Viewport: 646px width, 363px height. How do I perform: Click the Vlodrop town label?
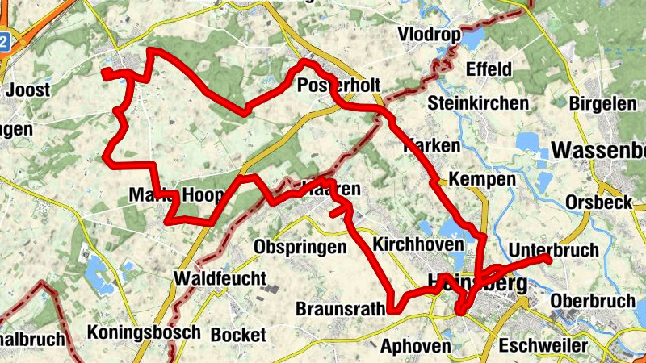[428, 35]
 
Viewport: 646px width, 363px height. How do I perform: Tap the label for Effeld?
[489, 69]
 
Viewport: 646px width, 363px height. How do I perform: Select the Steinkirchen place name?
[478, 103]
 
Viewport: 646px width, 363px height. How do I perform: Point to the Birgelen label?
[598, 103]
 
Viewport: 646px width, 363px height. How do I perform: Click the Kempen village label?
[481, 179]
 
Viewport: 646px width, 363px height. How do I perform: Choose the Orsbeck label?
[599, 202]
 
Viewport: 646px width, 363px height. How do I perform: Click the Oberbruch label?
[592, 301]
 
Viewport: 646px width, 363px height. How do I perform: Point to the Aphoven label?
[415, 346]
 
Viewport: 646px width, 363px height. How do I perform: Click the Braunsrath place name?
[338, 309]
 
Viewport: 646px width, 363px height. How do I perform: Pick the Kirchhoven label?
[419, 244]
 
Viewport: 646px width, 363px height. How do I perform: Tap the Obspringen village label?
[299, 247]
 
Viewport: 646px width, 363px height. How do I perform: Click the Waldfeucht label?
[220, 278]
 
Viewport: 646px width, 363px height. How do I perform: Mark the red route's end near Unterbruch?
[547, 258]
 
